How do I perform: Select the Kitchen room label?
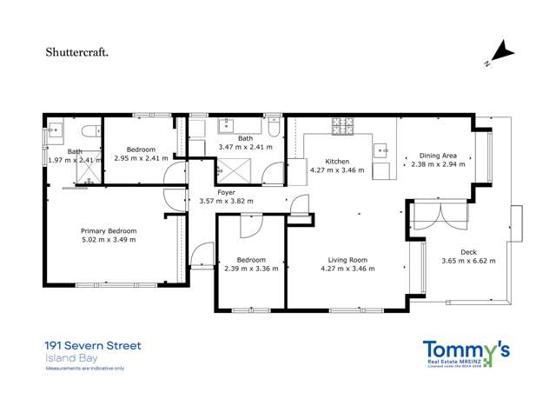tap(337, 162)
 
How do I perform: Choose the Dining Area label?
tap(438, 156)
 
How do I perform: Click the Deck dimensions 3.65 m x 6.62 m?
tap(468, 261)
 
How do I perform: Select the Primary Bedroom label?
tap(109, 230)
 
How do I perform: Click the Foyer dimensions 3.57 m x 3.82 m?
tap(226, 201)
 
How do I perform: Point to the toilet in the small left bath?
tap(88, 132)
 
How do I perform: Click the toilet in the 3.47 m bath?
tap(273, 130)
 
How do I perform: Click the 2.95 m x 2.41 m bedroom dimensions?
tap(140, 158)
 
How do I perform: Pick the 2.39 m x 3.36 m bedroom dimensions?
tap(251, 269)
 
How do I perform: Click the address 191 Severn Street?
tap(93, 346)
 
